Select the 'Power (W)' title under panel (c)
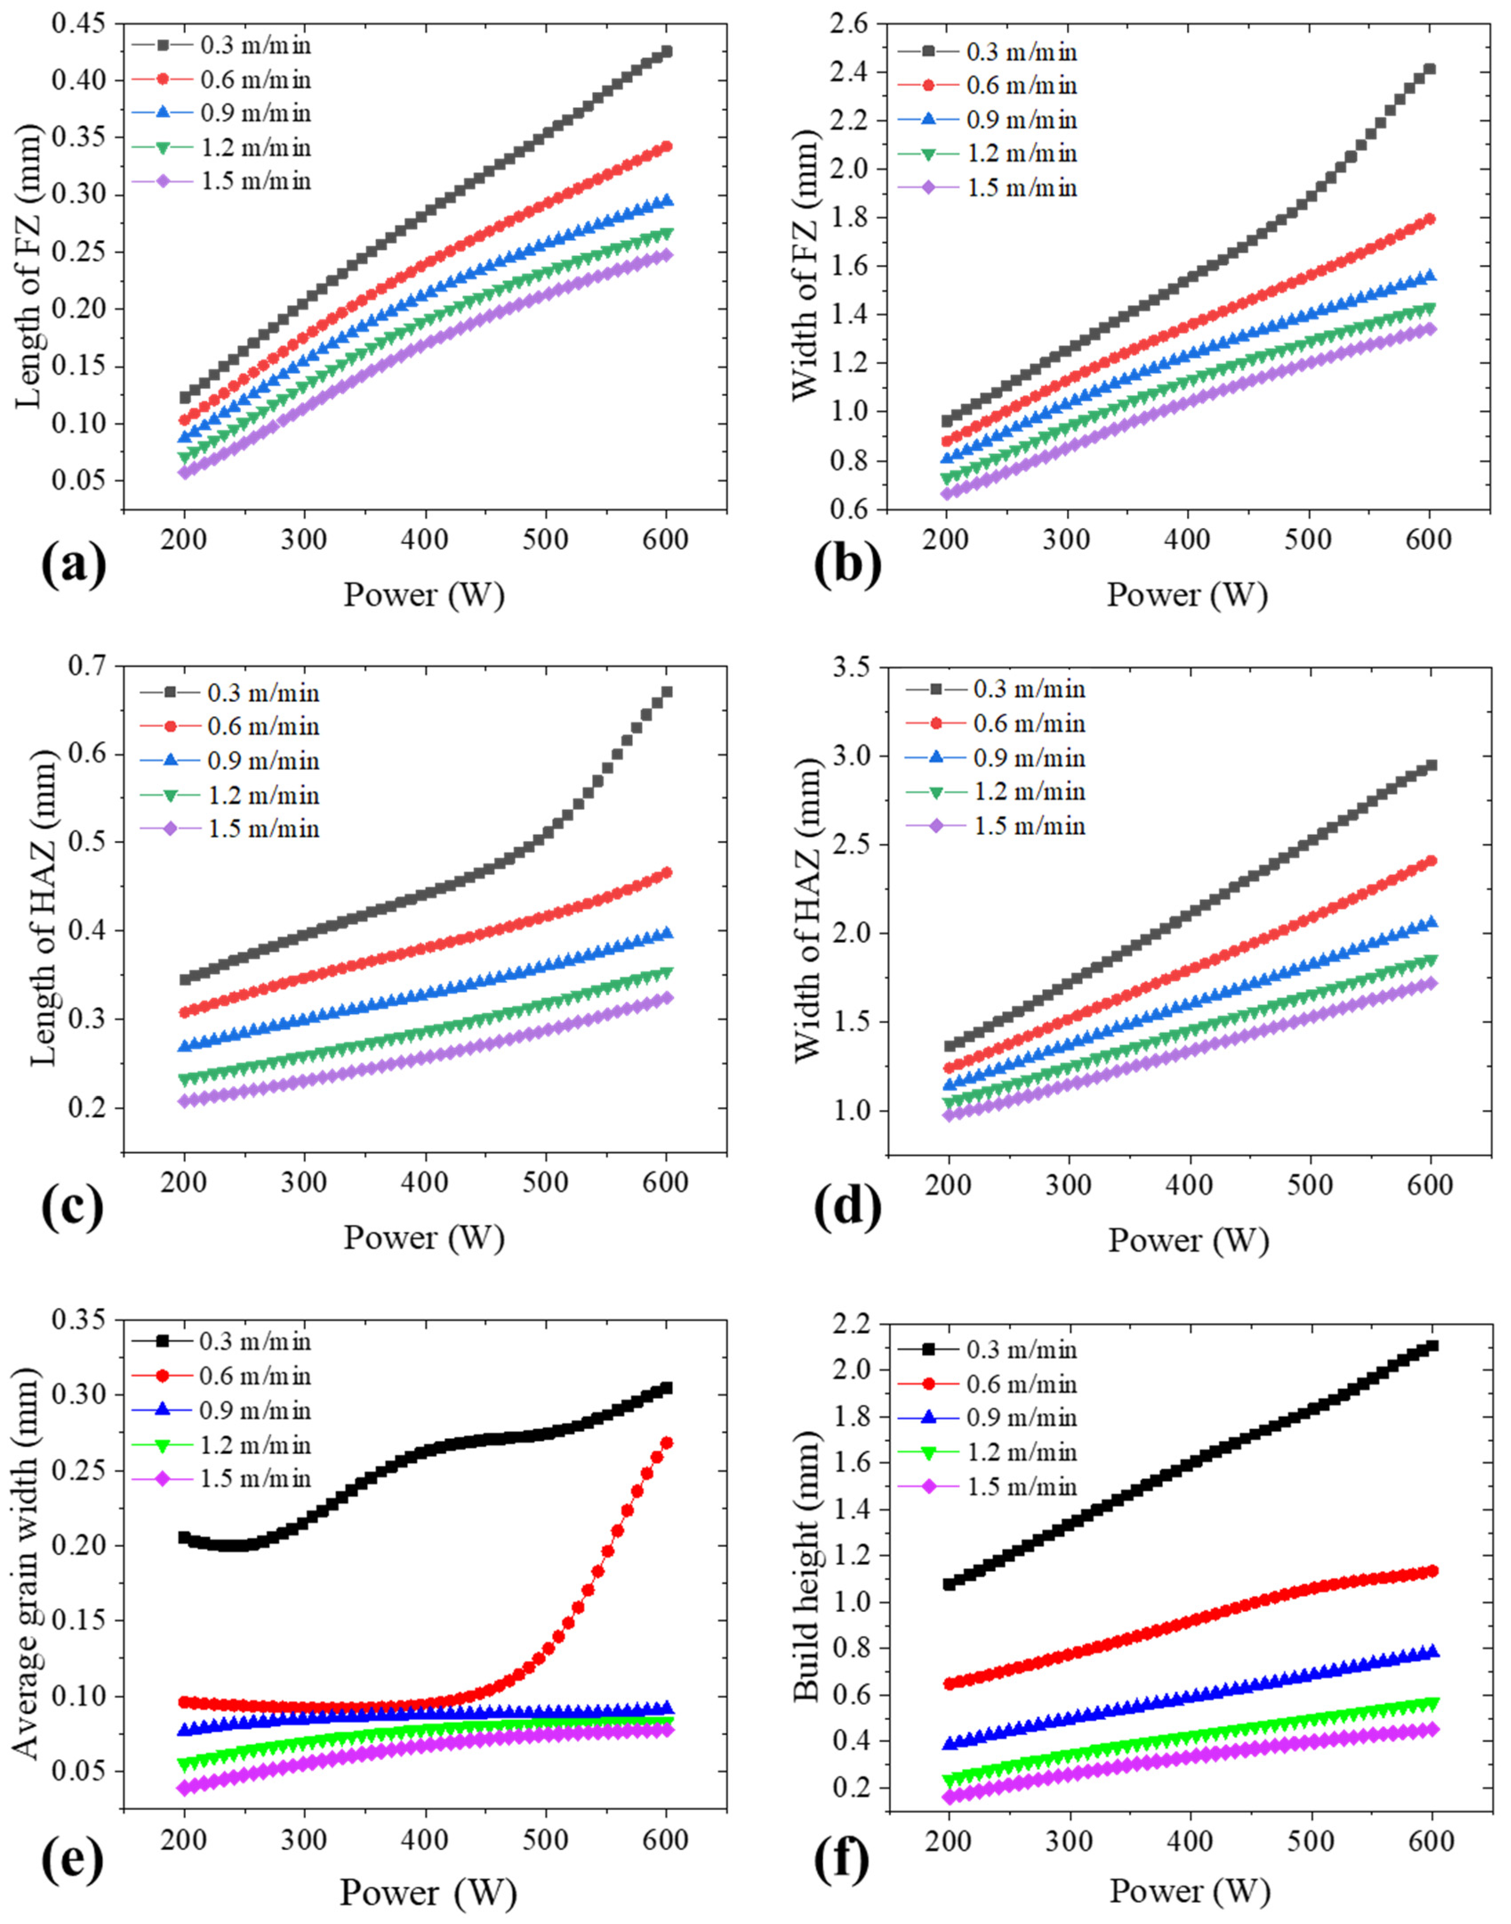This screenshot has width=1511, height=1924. [x=424, y=1237]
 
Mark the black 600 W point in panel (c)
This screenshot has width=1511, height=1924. [x=666, y=692]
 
